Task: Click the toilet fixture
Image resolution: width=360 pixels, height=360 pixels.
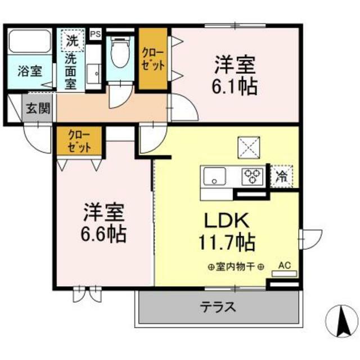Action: (x=119, y=54)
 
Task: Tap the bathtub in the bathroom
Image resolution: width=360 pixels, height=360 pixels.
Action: (x=29, y=43)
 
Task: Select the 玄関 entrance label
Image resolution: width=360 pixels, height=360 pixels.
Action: (x=37, y=107)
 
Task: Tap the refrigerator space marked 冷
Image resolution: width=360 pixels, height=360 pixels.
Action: (x=281, y=176)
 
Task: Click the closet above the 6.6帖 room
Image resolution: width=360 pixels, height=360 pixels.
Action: (x=79, y=142)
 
